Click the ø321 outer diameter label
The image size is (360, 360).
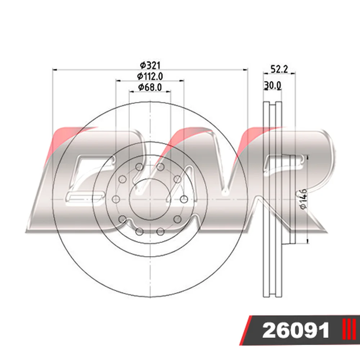point(150,66)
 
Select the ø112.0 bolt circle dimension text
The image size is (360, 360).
point(150,76)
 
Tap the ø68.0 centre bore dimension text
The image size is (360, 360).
point(150,87)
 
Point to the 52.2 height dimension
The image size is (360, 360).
point(279,69)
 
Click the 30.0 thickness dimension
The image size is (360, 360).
point(273,85)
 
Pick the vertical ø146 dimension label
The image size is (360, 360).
point(303,199)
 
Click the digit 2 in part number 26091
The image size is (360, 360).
point(270,331)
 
